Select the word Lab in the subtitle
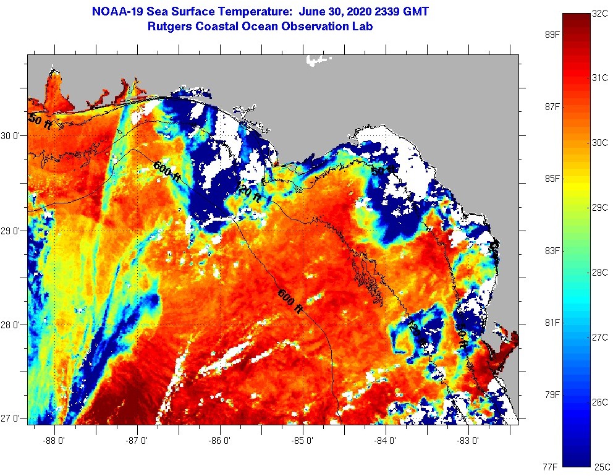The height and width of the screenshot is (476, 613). click(363, 27)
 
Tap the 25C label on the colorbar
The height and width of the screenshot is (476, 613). click(602, 465)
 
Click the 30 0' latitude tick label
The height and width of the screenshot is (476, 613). click(12, 136)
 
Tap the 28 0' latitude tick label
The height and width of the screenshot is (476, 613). click(12, 325)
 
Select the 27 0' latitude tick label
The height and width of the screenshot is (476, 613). click(12, 419)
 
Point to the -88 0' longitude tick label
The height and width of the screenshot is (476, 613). click(55, 441)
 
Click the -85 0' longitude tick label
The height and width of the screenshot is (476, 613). click(303, 441)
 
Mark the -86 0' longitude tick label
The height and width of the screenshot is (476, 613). click(221, 441)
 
